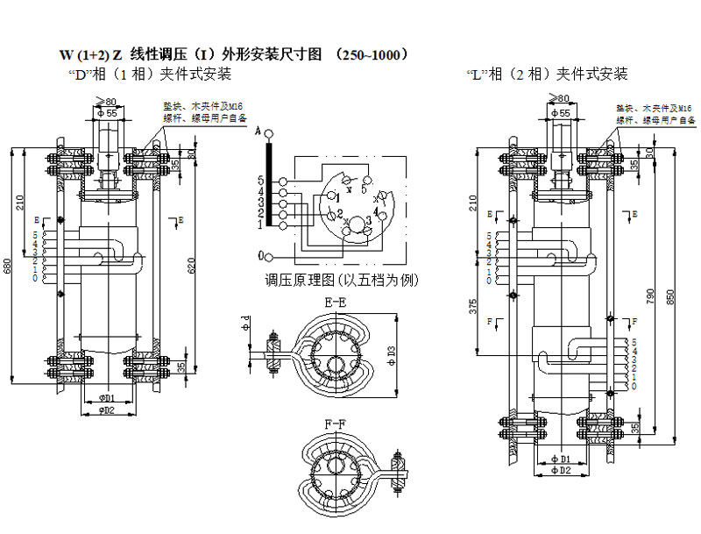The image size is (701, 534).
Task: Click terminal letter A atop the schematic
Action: (259, 132)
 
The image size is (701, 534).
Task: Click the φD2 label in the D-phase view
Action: (108, 410)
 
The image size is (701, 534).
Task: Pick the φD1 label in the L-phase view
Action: (562, 459)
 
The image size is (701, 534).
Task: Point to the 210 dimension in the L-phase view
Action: (473, 205)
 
